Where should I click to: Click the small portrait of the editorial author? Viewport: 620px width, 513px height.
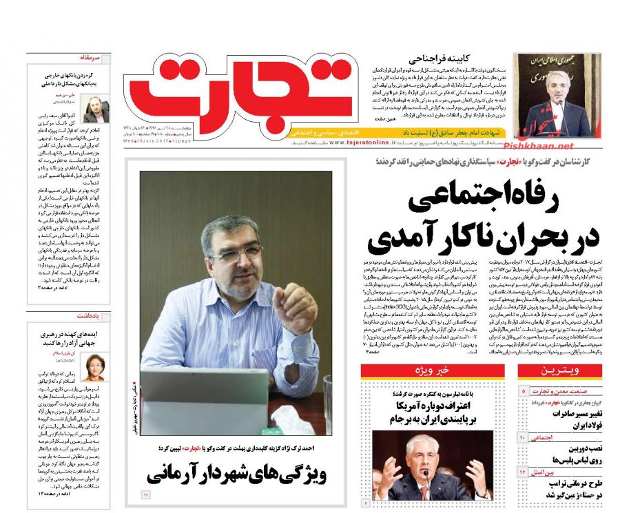click(x=96, y=107)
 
